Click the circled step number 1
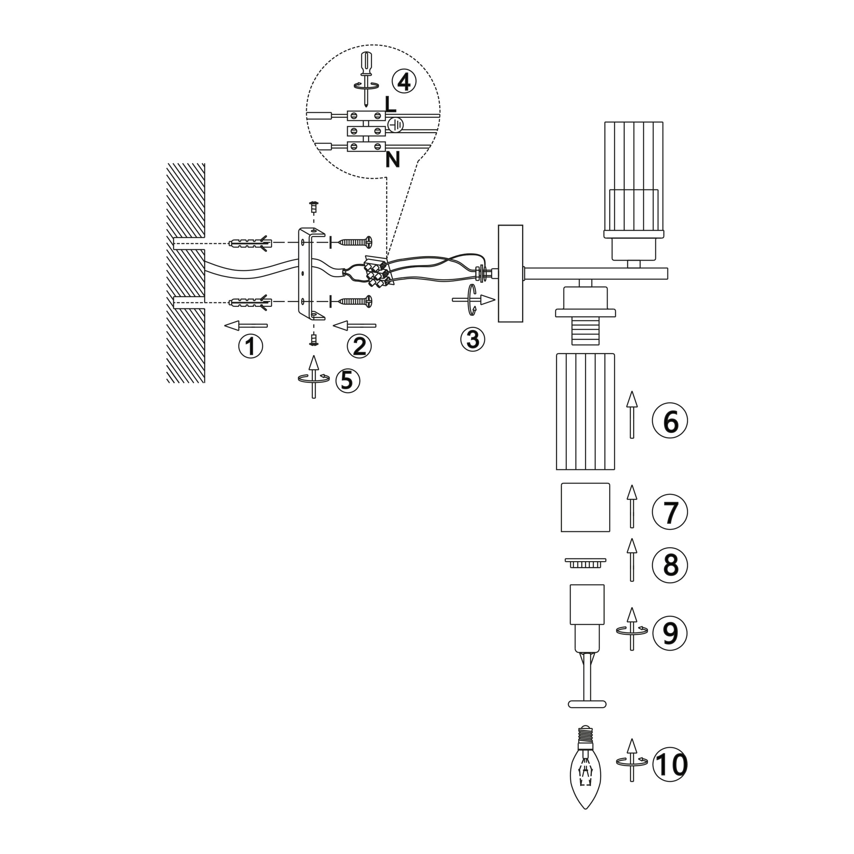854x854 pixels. tap(251, 346)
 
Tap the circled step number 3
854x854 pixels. tap(472, 340)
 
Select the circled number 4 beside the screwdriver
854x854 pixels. tap(404, 82)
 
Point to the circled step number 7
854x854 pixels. tap(670, 512)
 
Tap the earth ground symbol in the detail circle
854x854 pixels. tap(396, 125)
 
